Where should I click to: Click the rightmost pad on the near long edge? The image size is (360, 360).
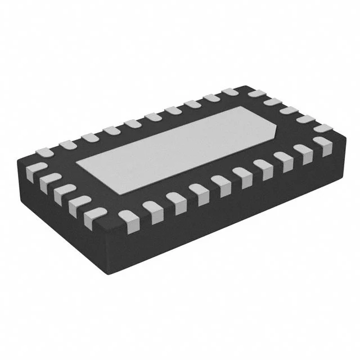[325, 145]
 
